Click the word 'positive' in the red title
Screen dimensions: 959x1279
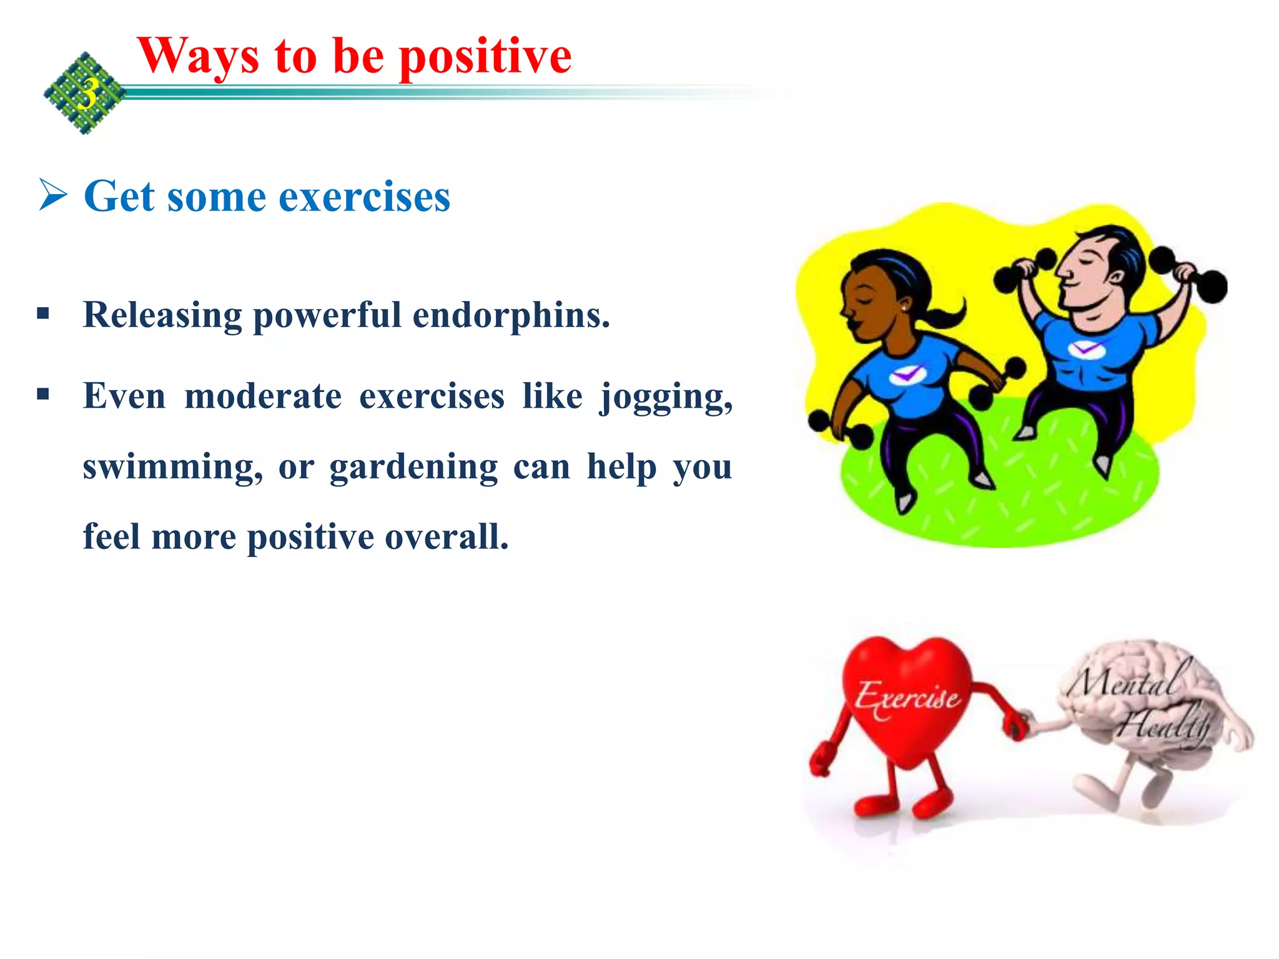(x=485, y=57)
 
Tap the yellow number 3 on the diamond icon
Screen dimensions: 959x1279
(x=88, y=94)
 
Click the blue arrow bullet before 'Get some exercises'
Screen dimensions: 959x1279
(x=53, y=195)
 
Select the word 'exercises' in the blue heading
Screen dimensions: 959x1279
(x=364, y=197)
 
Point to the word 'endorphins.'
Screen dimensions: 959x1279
(x=511, y=315)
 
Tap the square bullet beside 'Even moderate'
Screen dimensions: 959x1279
(x=42, y=394)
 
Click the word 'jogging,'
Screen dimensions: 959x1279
(x=666, y=397)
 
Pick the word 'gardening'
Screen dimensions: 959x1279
(x=413, y=467)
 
